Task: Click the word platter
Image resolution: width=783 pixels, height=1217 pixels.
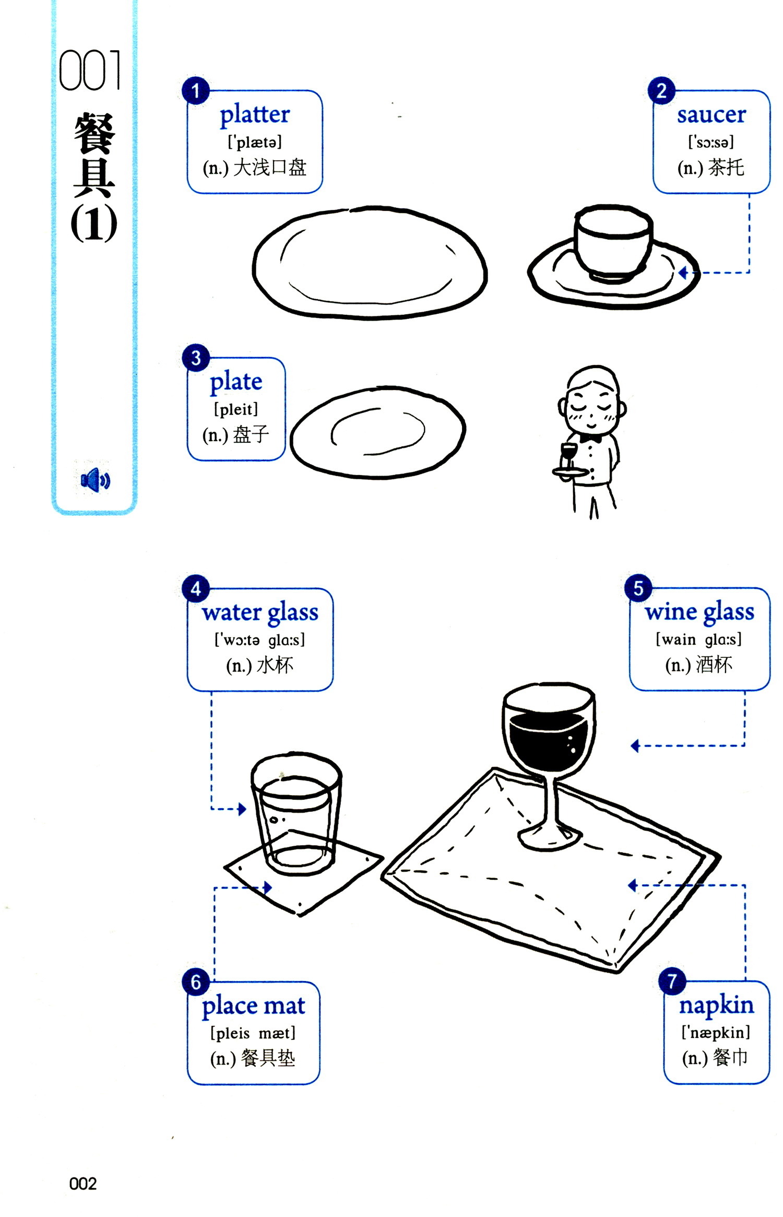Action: [254, 115]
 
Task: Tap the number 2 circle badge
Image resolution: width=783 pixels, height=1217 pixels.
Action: [661, 91]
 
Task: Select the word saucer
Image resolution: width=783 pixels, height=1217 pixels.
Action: [711, 115]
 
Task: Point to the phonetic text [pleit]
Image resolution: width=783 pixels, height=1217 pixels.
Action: [236, 409]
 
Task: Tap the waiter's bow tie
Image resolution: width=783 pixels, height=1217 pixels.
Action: [590, 439]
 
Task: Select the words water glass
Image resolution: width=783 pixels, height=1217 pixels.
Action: [260, 612]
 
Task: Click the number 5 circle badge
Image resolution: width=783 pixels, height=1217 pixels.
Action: [638, 588]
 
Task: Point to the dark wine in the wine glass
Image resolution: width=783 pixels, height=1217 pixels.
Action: [548, 741]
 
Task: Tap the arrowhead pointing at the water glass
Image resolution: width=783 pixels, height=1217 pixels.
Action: [242, 809]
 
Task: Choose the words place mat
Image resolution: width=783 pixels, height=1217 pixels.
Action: [253, 1006]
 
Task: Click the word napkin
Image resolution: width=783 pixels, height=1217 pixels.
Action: [716, 1006]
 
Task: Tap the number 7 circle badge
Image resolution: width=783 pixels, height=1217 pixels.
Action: [672, 982]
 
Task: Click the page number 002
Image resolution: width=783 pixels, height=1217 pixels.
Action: [83, 1183]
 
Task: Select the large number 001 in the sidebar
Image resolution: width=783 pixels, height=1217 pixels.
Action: [90, 70]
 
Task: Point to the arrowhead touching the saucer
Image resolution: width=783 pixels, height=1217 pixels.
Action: [683, 272]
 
